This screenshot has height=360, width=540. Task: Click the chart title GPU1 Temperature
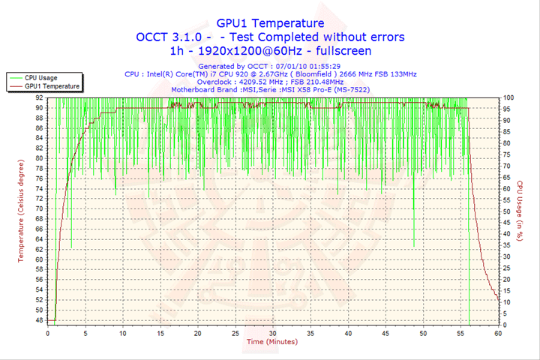pyautogui.click(x=270, y=23)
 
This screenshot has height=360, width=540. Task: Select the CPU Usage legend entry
pyautogui.click(x=41, y=77)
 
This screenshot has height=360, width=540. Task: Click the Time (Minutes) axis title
pyautogui.click(x=271, y=341)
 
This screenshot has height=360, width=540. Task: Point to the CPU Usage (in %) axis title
pyautogui.click(x=518, y=211)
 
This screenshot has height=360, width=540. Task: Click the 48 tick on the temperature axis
pyautogui.click(x=39, y=320)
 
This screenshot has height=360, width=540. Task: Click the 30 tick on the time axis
pyautogui.click(x=273, y=332)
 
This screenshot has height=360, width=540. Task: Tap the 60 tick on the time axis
pyautogui.click(x=498, y=332)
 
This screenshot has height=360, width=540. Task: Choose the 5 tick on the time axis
pyautogui.click(x=85, y=332)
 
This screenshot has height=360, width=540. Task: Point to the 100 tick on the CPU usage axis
pyautogui.click(x=508, y=97)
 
